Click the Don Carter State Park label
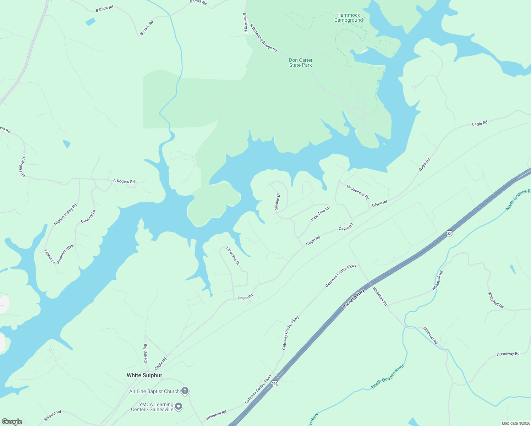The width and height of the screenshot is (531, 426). click(x=301, y=63)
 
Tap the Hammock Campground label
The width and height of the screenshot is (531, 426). click(x=349, y=18)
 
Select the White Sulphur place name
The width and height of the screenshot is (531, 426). click(x=144, y=375)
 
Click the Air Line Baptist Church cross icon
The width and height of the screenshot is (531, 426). click(x=185, y=391)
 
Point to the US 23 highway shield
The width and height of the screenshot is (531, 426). click(x=449, y=233)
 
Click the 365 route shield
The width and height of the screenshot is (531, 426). click(x=274, y=383)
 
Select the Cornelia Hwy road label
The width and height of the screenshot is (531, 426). click(x=354, y=299)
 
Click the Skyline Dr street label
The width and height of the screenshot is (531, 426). click(x=277, y=202)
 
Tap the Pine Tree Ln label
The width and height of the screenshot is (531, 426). click(x=320, y=213)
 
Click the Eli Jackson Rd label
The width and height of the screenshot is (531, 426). click(x=358, y=192)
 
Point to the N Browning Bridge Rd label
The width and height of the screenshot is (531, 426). click(x=263, y=38)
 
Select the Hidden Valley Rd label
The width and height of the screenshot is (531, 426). click(x=65, y=215)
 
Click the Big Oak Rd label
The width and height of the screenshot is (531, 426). click(x=146, y=353)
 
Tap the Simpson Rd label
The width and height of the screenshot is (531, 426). click(x=431, y=335)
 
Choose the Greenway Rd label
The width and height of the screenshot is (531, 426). click(x=508, y=354)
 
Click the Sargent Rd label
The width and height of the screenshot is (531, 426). click(x=53, y=416)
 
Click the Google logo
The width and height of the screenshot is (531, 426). click(x=12, y=422)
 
